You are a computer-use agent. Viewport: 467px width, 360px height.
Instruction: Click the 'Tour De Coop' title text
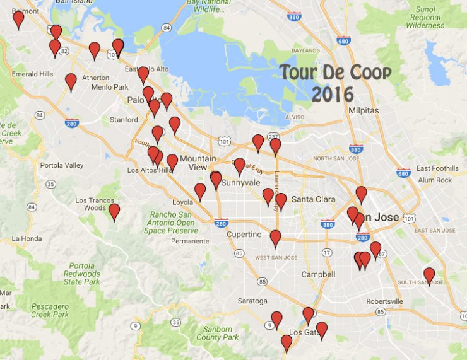coord(335,71)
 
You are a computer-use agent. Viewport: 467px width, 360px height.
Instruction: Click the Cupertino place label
coord(244,235)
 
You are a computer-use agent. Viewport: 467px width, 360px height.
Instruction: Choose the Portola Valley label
coord(61,165)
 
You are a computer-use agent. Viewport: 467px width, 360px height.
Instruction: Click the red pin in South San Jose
coord(429,275)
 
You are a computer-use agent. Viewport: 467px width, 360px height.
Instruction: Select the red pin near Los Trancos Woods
coord(114,211)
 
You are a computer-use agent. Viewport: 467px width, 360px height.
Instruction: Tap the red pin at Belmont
coord(18,19)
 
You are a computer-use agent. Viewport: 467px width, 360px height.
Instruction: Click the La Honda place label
coord(27,238)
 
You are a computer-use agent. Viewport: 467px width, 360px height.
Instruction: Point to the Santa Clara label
coord(313,199)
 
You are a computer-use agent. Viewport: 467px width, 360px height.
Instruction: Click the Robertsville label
coord(384,301)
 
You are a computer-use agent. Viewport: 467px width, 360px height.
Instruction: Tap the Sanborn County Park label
coord(217,333)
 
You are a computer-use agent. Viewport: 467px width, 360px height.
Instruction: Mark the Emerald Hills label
coord(33,74)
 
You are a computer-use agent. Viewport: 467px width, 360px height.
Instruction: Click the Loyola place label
coord(182,203)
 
